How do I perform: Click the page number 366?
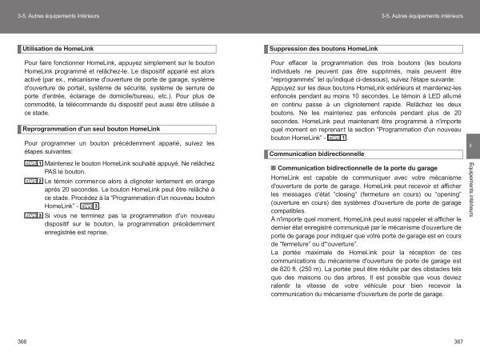pyautogui.click(x=21, y=342)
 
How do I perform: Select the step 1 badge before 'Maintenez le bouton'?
pyautogui.click(x=33, y=162)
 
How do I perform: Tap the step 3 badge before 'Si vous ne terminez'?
pyautogui.click(x=33, y=215)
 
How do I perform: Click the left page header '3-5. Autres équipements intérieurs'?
pyautogui.click(x=58, y=16)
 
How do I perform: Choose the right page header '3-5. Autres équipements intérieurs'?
pyautogui.click(x=422, y=16)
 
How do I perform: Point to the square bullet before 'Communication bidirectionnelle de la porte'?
pyautogui.click(x=274, y=168)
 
